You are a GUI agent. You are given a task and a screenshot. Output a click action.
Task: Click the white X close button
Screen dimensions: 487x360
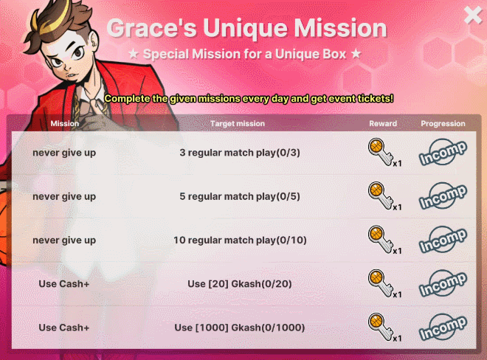pos(473,15)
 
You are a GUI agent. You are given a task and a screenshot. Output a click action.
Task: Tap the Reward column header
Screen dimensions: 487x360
pos(383,124)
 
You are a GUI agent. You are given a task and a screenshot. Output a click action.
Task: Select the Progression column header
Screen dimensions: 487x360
pos(443,124)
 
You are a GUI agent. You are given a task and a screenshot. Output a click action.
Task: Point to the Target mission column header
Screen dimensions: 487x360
pos(238,124)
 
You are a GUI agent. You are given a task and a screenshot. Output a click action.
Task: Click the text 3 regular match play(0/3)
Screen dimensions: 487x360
pos(240,153)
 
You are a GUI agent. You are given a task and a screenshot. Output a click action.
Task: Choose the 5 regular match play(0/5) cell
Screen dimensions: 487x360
pos(240,197)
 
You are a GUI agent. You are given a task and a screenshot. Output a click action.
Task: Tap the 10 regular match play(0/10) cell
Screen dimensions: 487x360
pos(240,240)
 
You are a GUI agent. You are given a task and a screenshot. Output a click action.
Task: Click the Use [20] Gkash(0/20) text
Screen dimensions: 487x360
pos(240,284)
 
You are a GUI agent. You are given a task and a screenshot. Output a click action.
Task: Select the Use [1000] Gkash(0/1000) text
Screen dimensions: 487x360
pos(240,328)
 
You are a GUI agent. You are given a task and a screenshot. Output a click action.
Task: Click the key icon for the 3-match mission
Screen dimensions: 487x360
pos(380,152)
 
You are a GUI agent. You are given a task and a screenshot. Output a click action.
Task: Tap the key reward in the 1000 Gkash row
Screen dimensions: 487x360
pos(380,327)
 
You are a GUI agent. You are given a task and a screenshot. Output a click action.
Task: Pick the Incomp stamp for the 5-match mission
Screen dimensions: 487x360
pos(443,196)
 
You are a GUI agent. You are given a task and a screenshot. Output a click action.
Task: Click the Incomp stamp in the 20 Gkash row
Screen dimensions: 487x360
pos(443,283)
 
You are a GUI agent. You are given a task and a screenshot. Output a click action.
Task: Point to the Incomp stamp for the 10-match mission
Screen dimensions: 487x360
pos(443,240)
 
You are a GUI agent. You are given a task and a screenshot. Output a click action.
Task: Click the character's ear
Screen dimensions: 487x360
pos(93,41)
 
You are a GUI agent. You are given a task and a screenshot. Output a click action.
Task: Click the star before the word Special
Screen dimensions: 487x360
pos(134,54)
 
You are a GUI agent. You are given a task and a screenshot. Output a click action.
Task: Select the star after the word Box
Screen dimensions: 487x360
pos(356,54)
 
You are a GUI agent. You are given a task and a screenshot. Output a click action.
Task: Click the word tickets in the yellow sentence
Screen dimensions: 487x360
pos(375,98)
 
